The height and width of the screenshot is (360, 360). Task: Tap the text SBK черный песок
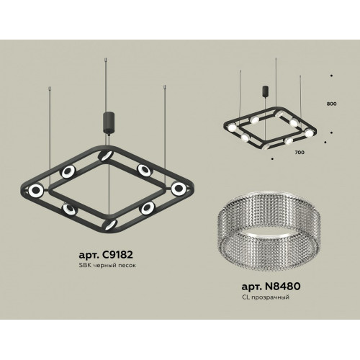[107, 266]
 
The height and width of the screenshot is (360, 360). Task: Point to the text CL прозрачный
[266, 297]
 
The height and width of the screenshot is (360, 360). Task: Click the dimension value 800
[331, 104]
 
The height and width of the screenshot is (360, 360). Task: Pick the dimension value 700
[300, 152]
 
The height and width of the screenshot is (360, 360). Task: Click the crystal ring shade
[269, 230]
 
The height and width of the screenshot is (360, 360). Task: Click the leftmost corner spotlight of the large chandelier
[36, 190]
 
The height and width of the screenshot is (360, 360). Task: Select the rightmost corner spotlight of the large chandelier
[179, 188]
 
